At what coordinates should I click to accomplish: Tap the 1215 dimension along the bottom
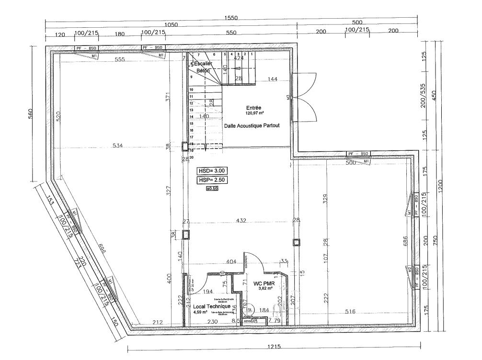click(274, 347)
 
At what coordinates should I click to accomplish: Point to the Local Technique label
click(211, 306)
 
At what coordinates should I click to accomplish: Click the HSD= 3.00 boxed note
click(211, 170)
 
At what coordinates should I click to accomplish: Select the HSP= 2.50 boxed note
click(211, 180)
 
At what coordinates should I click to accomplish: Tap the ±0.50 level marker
click(212, 189)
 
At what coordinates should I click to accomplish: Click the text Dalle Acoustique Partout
click(252, 125)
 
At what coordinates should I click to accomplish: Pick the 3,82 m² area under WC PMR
click(265, 289)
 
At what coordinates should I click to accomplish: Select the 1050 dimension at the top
click(171, 25)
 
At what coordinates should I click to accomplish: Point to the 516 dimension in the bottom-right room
click(351, 312)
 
